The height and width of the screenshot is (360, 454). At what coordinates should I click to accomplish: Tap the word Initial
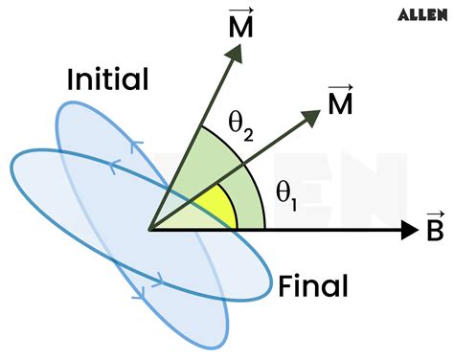coord(108,79)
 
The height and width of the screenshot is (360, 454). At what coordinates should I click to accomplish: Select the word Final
coord(313,284)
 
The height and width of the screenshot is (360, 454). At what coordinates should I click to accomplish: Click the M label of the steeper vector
coord(241,30)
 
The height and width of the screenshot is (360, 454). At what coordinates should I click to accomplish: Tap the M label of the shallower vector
coord(340,103)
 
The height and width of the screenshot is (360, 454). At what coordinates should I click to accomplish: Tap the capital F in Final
coord(286,284)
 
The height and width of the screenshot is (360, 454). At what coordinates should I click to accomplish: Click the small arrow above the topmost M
coord(241,11)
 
